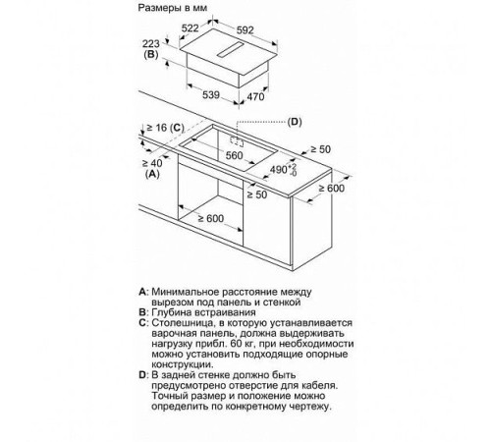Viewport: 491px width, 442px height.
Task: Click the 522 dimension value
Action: point(191,28)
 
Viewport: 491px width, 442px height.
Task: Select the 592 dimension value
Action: point(245,30)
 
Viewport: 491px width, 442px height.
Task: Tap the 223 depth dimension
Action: point(151,43)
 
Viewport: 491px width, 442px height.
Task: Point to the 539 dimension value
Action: point(211,95)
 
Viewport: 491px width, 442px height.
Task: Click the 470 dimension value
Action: point(255,96)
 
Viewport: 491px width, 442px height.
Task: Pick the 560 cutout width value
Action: point(235,155)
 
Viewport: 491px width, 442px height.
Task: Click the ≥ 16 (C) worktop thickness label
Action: point(165,128)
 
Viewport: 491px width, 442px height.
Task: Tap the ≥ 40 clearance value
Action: point(152,163)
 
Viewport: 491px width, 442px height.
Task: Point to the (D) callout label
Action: point(295,122)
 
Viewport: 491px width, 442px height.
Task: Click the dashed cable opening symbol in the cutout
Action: point(237,141)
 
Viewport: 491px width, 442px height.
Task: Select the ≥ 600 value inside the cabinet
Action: point(211,218)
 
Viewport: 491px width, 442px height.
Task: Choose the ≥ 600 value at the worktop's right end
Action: point(332,188)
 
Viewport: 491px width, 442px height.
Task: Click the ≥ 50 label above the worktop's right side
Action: point(321,149)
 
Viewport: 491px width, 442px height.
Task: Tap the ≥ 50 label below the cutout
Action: point(257,194)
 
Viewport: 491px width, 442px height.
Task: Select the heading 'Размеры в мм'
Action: point(173,8)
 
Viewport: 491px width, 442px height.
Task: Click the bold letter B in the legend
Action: point(142,312)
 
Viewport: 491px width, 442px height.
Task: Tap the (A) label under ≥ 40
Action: point(152,174)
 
